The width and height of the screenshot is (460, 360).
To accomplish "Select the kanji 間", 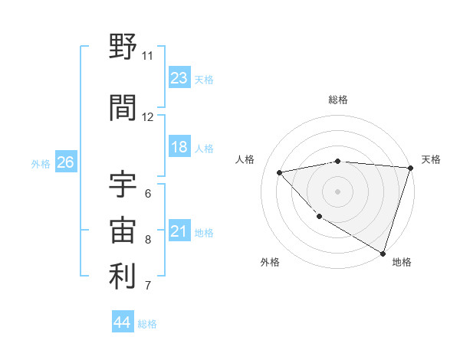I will click(x=123, y=108).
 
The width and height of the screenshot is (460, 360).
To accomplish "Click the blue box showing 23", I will click(x=179, y=78).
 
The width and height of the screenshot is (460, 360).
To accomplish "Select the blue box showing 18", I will click(x=179, y=147).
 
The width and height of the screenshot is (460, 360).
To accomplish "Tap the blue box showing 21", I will click(x=179, y=231).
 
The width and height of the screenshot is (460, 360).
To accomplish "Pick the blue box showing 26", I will click(x=65, y=162).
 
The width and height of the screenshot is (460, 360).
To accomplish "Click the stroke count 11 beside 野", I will click(x=147, y=56).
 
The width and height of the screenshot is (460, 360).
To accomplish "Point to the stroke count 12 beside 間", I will click(x=147, y=117).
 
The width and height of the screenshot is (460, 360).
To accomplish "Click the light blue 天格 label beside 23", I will click(x=203, y=79).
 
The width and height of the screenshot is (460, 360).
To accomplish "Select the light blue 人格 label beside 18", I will click(x=203, y=148).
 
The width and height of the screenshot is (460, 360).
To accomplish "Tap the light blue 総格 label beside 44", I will click(x=147, y=324).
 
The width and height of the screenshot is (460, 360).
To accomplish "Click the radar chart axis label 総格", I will click(x=337, y=100).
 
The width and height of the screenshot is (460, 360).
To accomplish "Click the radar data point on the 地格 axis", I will click(x=383, y=252).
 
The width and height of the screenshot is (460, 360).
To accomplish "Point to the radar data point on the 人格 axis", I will click(x=280, y=172).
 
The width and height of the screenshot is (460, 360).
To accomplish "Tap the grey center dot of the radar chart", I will click(x=337, y=191).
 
